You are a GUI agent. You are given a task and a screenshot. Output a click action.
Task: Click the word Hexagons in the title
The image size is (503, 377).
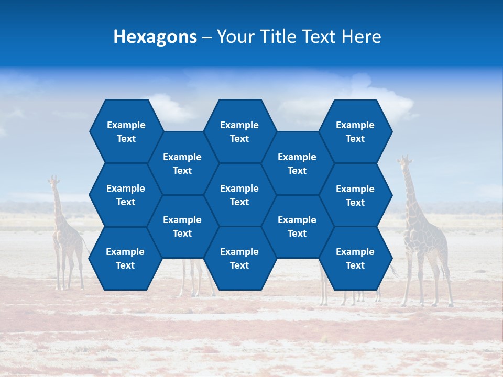[x=155, y=37]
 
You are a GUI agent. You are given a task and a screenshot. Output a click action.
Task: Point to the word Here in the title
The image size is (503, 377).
[x=362, y=37]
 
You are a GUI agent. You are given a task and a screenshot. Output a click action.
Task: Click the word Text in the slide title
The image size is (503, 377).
[x=319, y=37]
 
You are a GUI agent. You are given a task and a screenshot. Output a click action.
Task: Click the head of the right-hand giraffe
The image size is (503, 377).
[x=404, y=161]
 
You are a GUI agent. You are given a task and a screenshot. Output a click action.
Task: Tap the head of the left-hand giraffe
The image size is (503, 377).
[x=52, y=181]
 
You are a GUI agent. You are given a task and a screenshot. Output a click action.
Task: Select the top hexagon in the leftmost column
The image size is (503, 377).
[x=126, y=131]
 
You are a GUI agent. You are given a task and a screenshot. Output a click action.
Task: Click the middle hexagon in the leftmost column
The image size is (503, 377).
[x=126, y=195]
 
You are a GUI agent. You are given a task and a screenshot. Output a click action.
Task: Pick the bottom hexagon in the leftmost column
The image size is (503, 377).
[x=125, y=258]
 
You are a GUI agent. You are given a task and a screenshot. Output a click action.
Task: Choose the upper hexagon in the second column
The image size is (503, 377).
[x=182, y=163]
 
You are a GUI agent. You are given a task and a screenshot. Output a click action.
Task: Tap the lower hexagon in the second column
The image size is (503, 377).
[x=182, y=226]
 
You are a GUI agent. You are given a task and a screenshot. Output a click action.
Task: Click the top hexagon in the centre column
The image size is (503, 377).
[x=239, y=131]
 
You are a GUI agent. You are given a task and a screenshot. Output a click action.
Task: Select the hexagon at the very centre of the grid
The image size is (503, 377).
[x=239, y=195]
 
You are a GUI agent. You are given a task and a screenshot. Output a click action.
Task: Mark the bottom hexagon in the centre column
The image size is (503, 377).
[x=239, y=258]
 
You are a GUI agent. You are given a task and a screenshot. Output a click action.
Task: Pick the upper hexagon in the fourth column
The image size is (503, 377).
[x=297, y=163]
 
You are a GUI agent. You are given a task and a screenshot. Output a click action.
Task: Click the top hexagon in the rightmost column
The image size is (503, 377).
[x=355, y=131]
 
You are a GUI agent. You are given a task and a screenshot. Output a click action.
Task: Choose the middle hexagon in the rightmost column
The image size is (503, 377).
[x=355, y=195]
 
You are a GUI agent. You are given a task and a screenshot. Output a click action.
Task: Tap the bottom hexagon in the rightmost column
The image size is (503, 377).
[x=355, y=258]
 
